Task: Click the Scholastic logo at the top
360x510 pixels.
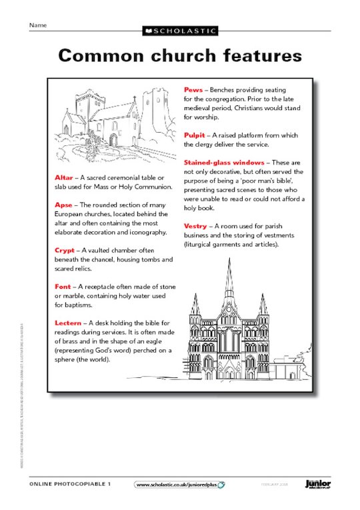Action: (x=179, y=31)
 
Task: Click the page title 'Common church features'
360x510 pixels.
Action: (x=179, y=55)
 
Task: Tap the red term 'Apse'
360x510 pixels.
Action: (x=65, y=205)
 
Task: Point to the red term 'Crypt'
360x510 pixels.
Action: (x=66, y=250)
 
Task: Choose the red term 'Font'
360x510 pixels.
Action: (x=65, y=286)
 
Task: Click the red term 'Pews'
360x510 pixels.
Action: (x=193, y=89)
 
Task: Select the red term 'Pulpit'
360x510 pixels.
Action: (x=195, y=135)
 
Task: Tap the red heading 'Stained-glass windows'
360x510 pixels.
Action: (x=224, y=162)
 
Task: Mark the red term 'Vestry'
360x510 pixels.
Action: (x=196, y=226)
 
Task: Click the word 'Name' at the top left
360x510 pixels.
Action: (x=37, y=25)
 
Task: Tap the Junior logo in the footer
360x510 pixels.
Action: (x=317, y=484)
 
